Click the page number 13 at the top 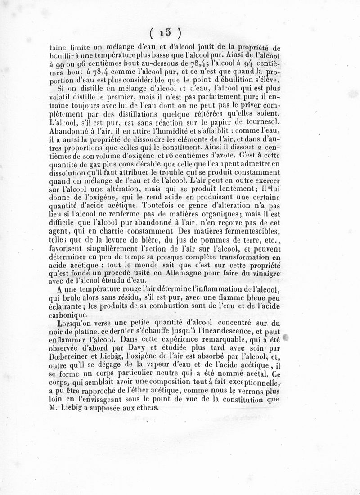[166, 33]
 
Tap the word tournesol [257, 123]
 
